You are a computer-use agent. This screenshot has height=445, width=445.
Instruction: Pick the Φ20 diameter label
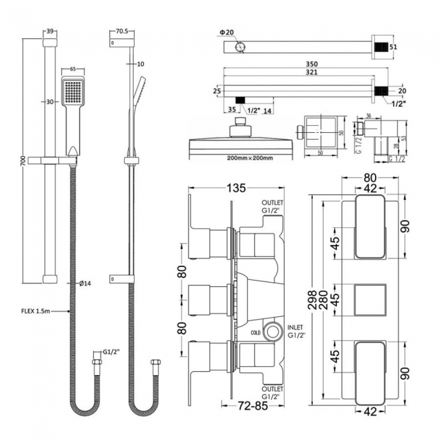227,32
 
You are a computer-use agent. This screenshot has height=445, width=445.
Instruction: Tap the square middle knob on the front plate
370,300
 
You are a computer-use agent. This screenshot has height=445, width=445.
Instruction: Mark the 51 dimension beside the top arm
393,47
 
